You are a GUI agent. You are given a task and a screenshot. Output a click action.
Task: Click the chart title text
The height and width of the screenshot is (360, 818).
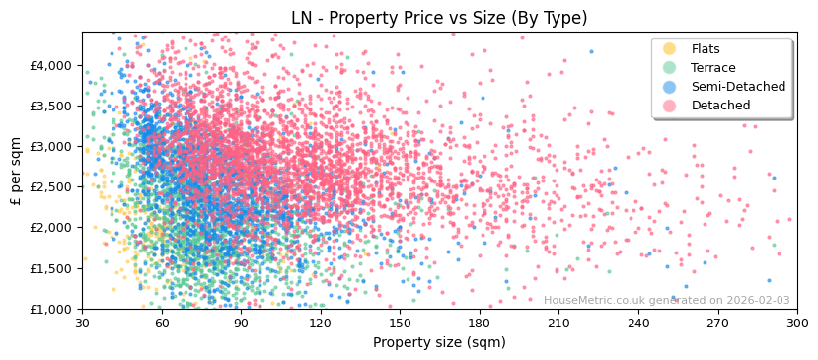click(x=439, y=18)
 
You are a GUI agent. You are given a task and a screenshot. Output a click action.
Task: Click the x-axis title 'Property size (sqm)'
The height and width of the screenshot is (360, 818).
click(x=439, y=342)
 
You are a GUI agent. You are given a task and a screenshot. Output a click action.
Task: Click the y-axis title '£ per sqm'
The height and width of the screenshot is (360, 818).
click(x=16, y=170)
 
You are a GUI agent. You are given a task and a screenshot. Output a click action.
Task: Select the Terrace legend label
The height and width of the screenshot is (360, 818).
click(x=713, y=68)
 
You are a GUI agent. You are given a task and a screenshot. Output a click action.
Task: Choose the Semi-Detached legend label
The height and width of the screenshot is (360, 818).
click(x=738, y=87)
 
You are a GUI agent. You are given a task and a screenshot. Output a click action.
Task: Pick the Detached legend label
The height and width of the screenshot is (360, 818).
click(x=720, y=106)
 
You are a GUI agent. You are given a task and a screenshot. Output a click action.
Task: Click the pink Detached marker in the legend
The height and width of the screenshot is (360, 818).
click(x=670, y=106)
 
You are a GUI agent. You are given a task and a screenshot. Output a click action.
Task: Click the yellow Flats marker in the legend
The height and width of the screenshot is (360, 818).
click(x=670, y=49)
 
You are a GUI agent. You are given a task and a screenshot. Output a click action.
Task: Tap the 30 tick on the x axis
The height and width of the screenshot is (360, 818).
click(x=82, y=323)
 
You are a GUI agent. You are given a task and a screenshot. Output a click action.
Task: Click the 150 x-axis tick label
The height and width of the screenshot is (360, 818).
click(x=400, y=323)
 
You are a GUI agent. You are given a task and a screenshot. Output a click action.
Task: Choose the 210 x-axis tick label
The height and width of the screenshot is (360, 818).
click(x=558, y=323)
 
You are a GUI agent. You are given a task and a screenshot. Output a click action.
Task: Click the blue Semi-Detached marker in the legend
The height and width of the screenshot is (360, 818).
click(x=670, y=87)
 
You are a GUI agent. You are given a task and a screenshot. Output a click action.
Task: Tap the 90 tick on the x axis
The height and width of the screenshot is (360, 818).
click(x=241, y=323)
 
